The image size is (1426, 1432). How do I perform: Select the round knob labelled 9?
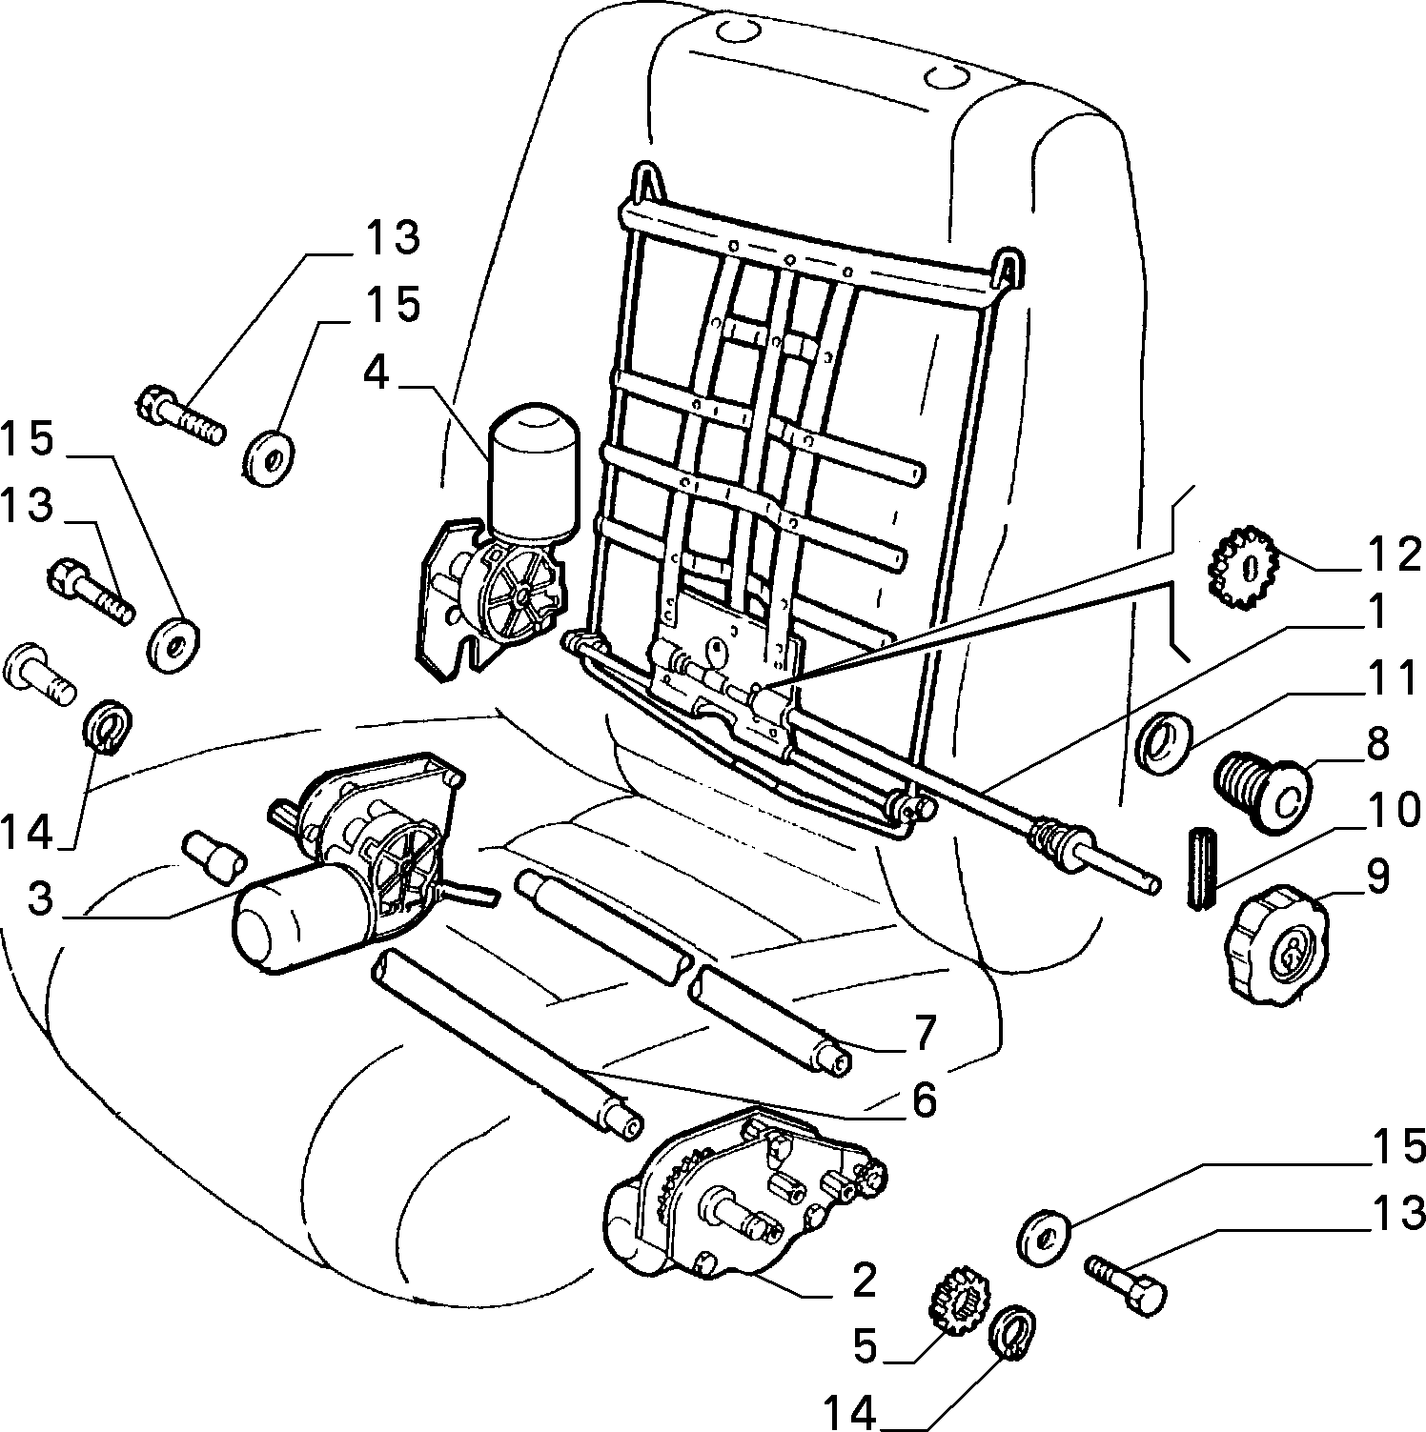1273,942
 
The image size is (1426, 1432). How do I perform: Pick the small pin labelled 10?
1203,871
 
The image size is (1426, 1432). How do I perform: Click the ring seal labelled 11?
1164,740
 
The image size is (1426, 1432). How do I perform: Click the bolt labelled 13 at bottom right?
1126,1283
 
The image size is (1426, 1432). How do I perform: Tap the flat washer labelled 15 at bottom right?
1046,1236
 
